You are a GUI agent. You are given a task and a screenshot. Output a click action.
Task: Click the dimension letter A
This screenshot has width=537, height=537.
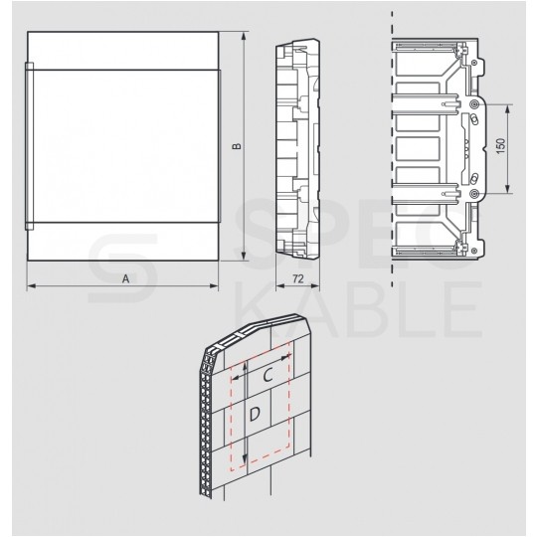point(126,280)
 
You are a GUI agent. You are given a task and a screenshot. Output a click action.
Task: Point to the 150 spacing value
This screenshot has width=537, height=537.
point(503,147)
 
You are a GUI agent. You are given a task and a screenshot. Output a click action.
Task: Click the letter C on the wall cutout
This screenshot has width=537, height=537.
point(268,376)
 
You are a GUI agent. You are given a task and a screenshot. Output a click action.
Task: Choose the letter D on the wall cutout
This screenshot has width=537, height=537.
point(255,413)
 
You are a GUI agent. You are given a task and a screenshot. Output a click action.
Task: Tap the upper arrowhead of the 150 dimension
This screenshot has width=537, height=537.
point(510,107)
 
